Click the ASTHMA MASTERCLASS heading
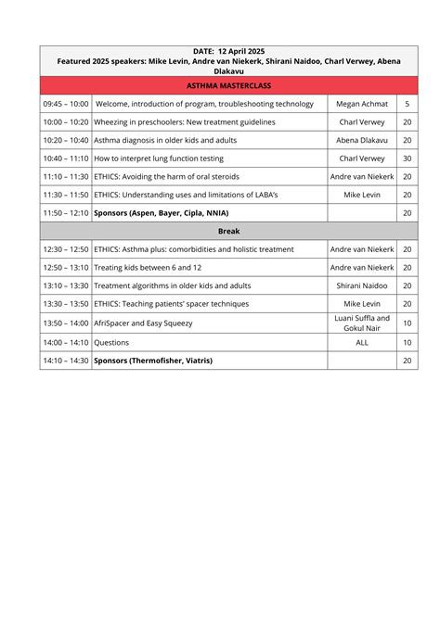click(x=228, y=85)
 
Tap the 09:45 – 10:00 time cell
click(x=66, y=104)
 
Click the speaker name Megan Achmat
click(x=361, y=104)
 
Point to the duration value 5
click(x=407, y=104)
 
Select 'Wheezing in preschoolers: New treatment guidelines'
click(x=185, y=122)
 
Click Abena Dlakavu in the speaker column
click(x=361, y=140)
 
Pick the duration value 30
click(x=407, y=158)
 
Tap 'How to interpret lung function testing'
click(x=165, y=158)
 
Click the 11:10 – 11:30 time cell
click(x=66, y=176)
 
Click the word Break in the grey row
click(x=228, y=231)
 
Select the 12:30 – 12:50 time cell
click(x=66, y=249)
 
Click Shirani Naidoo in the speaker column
click(x=361, y=285)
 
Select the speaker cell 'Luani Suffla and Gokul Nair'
click(x=361, y=323)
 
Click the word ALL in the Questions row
click(x=361, y=342)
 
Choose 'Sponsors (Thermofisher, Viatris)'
click(x=153, y=360)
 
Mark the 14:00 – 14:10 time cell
click(x=66, y=342)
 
